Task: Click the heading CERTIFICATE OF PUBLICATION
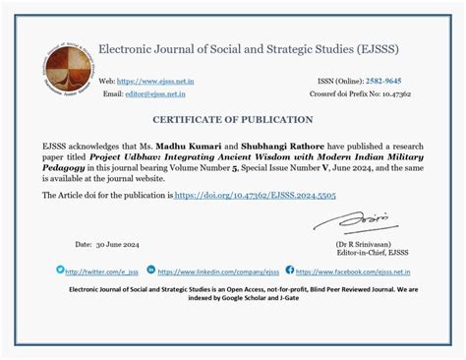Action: [232, 120]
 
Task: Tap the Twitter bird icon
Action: [60, 270]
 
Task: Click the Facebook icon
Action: [290, 270]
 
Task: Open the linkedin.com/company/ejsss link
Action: [218, 270]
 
